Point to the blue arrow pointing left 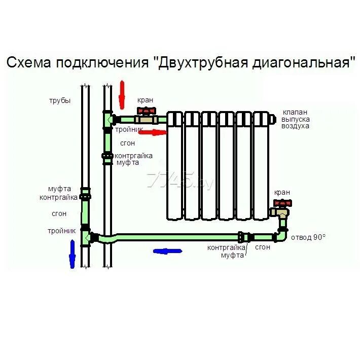click(167, 250)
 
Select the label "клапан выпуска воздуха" click(296, 119)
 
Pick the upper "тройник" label click(129, 130)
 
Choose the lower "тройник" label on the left click(62, 231)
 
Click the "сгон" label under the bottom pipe click(263, 247)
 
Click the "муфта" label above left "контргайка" click(60, 189)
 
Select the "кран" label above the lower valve click(282, 192)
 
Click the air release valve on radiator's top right click(273, 119)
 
